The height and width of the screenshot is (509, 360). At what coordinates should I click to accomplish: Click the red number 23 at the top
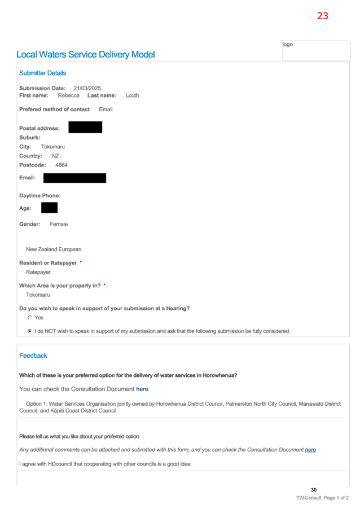[x=322, y=16]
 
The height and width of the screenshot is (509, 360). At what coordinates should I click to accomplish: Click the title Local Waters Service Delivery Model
[x=86, y=55]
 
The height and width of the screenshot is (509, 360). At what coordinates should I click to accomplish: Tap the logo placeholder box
[x=316, y=50]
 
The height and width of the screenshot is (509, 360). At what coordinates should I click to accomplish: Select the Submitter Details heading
[x=42, y=73]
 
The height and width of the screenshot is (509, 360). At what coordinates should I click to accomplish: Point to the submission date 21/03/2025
[x=87, y=88]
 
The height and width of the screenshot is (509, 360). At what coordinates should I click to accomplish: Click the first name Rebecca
[x=68, y=95]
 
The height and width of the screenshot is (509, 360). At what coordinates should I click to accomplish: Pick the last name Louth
[x=132, y=95]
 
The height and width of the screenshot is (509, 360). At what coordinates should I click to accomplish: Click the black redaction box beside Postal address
[x=85, y=128]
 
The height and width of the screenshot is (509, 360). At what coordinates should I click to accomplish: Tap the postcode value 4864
[x=62, y=165]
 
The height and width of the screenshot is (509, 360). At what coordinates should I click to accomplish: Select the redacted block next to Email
[x=74, y=178]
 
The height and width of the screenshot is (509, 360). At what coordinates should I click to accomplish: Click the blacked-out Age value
[x=49, y=208]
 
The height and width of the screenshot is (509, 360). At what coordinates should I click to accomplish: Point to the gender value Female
[x=59, y=224]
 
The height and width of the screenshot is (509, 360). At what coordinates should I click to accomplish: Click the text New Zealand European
[x=54, y=249]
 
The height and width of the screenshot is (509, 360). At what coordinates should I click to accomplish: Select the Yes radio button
[x=30, y=318]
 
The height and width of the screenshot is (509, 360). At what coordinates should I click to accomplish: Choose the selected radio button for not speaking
[x=30, y=331]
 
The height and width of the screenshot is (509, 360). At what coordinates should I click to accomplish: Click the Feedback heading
[x=33, y=356]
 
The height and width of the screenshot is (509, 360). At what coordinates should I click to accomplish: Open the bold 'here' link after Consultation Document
[x=142, y=389]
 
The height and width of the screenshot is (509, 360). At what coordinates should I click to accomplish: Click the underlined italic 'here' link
[x=310, y=450]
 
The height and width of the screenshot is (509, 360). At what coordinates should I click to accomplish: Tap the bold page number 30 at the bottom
[x=314, y=490]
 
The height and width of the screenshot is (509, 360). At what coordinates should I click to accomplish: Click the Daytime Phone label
[x=40, y=196]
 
